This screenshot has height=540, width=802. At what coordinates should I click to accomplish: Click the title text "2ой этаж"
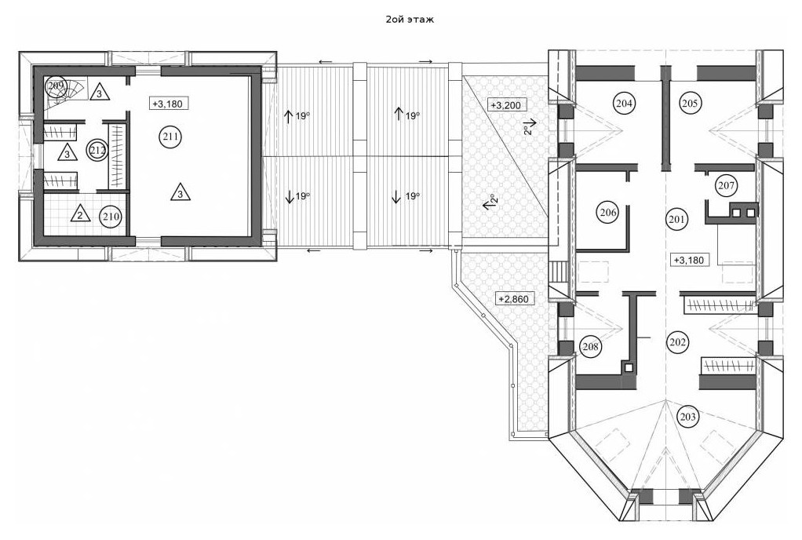pyautogui.click(x=410, y=20)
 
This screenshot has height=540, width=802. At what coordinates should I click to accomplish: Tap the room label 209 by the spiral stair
pyautogui.click(x=55, y=86)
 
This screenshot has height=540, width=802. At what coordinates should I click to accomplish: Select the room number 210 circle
pyautogui.click(x=111, y=217)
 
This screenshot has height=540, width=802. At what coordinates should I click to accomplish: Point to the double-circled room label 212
pyautogui.click(x=97, y=151)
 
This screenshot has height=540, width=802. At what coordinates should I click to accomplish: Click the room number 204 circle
pyautogui.click(x=624, y=104)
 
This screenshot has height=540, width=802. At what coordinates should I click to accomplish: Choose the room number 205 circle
pyautogui.click(x=690, y=104)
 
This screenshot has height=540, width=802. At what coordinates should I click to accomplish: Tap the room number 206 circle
pyautogui.click(x=607, y=212)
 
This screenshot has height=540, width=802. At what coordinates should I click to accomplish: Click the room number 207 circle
pyautogui.click(x=727, y=184)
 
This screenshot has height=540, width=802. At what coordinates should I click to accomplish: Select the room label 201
pyautogui.click(x=677, y=219)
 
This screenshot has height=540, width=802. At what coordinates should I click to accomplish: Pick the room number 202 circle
pyautogui.click(x=677, y=341)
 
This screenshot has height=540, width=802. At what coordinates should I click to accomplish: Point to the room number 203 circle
pyautogui.click(x=688, y=416)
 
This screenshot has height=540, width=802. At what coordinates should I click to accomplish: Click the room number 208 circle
pyautogui.click(x=590, y=347)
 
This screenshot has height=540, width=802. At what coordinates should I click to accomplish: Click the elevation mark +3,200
pyautogui.click(x=505, y=106)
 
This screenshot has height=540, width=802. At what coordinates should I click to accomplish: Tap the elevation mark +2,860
pyautogui.click(x=516, y=298)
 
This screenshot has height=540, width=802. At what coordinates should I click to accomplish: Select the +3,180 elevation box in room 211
pyautogui.click(x=166, y=104)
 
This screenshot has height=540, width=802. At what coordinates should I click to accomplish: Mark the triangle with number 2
pyautogui.click(x=80, y=213)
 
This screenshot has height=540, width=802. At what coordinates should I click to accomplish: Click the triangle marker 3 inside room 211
pyautogui.click(x=180, y=192)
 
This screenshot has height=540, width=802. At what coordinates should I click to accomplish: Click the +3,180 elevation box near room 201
pyautogui.click(x=689, y=260)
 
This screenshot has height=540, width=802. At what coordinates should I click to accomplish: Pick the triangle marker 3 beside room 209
pyautogui.click(x=99, y=93)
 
